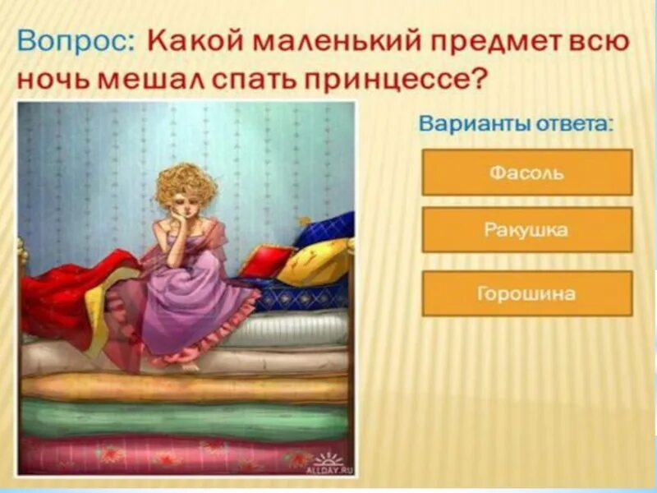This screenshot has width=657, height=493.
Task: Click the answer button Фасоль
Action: (526, 173)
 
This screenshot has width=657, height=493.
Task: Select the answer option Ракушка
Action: (526, 230)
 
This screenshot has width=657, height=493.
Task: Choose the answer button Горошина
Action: (526, 293)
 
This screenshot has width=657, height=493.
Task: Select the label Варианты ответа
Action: (517, 125)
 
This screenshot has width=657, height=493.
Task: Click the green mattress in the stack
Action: (185, 420)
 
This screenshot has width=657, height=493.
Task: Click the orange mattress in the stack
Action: (185, 387)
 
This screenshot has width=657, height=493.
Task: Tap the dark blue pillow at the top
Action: (328, 229)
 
